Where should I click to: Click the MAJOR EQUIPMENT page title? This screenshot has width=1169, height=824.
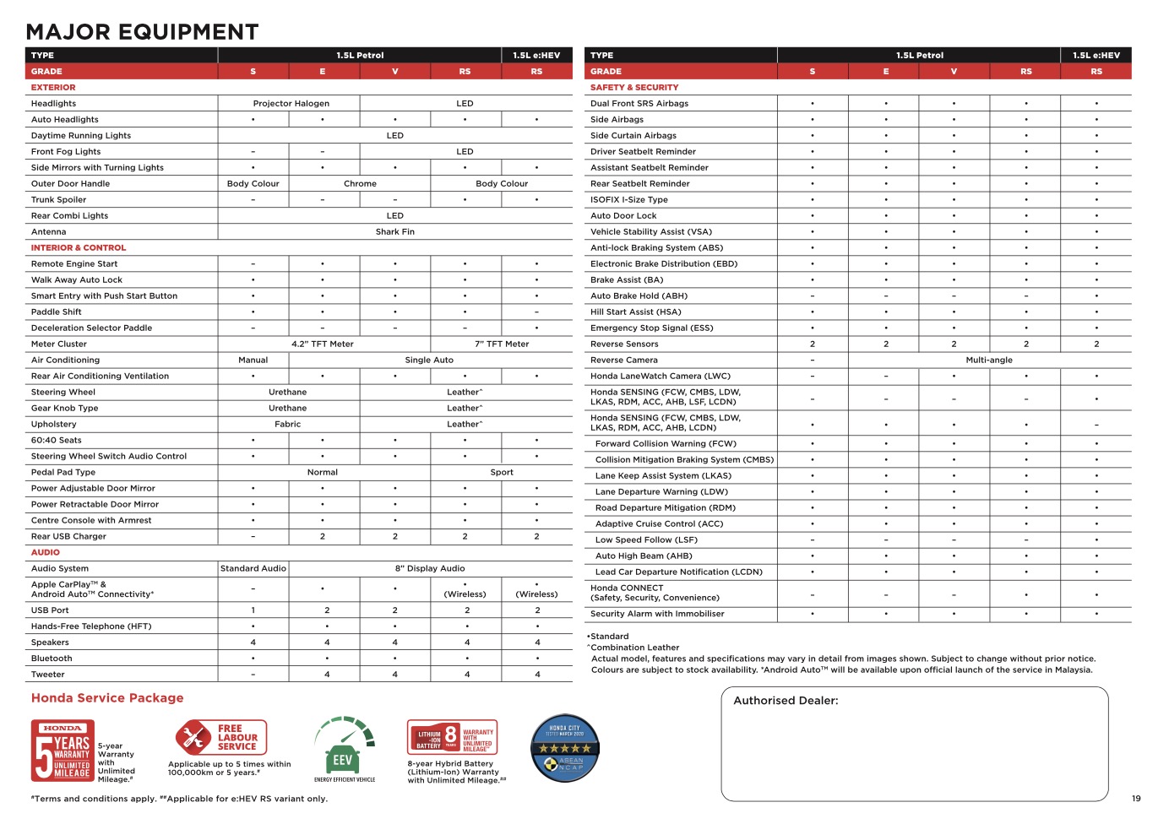pos(142,32)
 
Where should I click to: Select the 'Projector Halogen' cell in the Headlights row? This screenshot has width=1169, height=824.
pos(291,104)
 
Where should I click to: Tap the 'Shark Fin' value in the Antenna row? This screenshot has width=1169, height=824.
pos(394,232)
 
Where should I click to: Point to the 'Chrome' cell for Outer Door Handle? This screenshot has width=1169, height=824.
pos(360,184)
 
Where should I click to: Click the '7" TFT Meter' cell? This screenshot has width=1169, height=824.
pos(502,344)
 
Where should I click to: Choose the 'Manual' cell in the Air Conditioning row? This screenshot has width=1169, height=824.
pos(253,360)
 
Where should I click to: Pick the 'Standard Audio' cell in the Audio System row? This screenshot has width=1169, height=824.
pos(253,569)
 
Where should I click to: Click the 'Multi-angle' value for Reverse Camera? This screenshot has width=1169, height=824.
pos(989,360)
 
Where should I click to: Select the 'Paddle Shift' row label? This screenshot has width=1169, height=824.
pos(57,312)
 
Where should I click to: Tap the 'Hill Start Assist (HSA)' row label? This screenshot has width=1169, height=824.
pos(635,312)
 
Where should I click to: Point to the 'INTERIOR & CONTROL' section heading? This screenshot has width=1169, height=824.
pos(79,248)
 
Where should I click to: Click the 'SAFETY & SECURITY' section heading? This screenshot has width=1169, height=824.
pos(634,88)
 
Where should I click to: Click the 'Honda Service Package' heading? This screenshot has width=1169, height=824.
pos(107,698)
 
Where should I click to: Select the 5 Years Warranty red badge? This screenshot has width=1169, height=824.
pos(63,751)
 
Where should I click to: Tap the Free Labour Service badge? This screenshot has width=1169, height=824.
pos(220,737)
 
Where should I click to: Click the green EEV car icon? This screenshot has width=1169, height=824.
pos(344,749)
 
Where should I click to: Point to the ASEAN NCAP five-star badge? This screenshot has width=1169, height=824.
pos(565,748)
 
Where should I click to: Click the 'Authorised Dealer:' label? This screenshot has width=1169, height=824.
pos(786,701)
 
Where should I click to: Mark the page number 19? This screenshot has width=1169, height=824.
pos(1136,799)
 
